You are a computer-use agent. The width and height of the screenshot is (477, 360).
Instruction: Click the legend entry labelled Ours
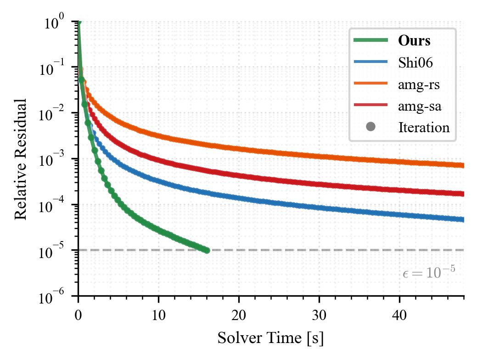tap(414, 40)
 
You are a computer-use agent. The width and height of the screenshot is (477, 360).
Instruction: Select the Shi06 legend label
tap(415, 63)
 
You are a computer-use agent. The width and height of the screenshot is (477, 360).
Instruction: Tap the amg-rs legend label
tap(419, 84)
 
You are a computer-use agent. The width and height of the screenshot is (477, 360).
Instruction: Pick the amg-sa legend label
tap(420, 106)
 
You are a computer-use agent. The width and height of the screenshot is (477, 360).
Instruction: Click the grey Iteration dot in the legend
tap(371, 127)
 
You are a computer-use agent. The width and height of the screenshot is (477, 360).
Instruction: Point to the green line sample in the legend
tap(371, 40)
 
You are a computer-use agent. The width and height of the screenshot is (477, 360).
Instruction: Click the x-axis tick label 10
tap(158, 315)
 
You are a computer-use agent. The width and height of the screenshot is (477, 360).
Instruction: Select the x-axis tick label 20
tap(239, 315)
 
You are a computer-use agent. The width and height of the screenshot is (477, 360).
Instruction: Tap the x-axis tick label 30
tap(319, 315)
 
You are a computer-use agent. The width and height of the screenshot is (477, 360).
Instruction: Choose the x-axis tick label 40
tap(399, 315)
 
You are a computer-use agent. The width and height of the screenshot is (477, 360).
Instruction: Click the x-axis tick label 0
tap(78, 315)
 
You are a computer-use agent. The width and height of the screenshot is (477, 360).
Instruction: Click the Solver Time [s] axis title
tap(271, 338)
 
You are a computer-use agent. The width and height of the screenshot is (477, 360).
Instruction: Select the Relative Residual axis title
tap(21, 158)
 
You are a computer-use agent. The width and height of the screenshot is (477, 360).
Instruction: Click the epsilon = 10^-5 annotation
tap(429, 272)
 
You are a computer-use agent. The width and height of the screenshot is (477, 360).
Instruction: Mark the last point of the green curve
tap(207, 250)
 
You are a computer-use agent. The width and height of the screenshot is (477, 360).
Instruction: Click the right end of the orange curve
tap(463, 166)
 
